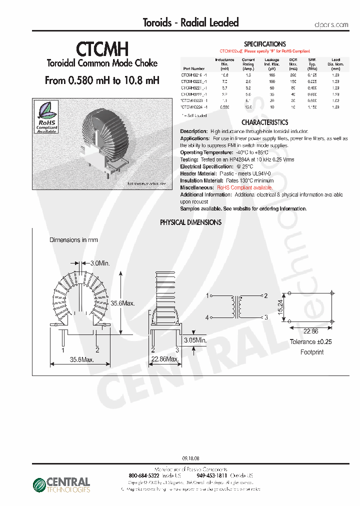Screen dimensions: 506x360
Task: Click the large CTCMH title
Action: [x=102, y=49]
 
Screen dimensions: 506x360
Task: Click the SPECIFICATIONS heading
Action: [x=264, y=44]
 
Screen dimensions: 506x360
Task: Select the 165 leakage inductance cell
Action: [x=272, y=74]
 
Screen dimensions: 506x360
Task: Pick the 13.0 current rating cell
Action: [x=248, y=106]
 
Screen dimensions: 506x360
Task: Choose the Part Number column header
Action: [x=193, y=68]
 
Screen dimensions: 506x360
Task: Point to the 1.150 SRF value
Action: [x=312, y=106]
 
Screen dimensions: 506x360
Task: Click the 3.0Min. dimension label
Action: [x=100, y=262]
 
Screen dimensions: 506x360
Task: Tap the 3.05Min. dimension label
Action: [x=195, y=340]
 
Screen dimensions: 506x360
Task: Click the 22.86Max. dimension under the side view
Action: [x=165, y=359]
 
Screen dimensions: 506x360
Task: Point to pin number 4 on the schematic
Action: [x=207, y=317]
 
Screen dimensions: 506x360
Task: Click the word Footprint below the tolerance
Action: [x=312, y=352]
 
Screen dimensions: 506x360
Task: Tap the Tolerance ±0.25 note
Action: [x=311, y=342]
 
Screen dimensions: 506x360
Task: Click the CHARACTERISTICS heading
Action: [x=264, y=122]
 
